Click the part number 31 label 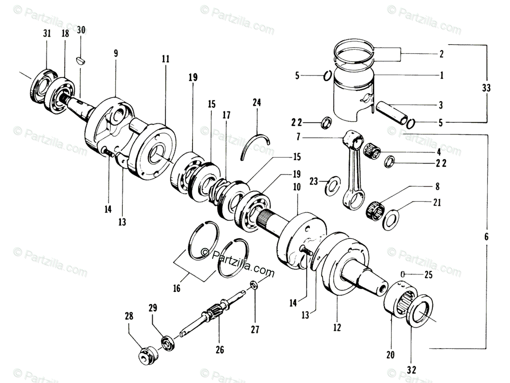click(47, 34)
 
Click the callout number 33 click(487, 88)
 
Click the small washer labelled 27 click(254, 285)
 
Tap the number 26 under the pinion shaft click(219, 350)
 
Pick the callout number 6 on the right click(487, 236)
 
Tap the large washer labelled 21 click(391, 220)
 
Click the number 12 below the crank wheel click(337, 328)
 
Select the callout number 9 click(116, 53)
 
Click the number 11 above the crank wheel click(165, 59)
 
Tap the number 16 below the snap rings click(176, 288)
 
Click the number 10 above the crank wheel click(296, 187)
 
